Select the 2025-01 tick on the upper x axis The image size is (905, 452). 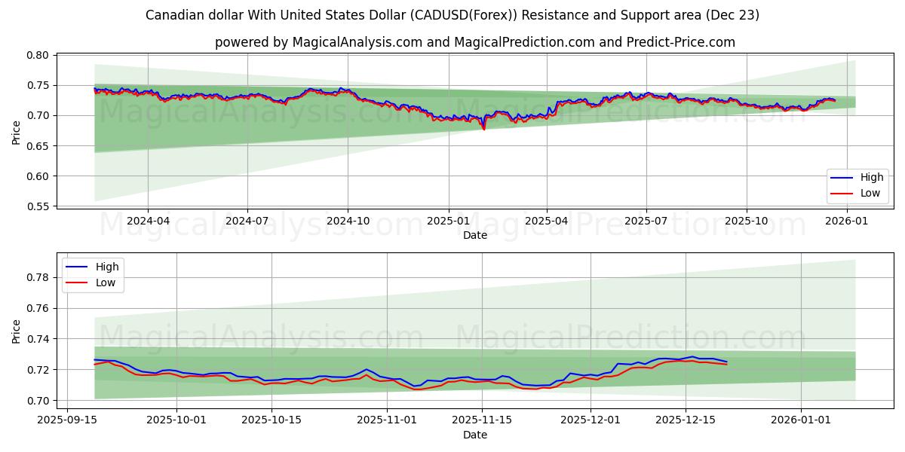449,221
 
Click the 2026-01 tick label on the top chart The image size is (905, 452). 847,221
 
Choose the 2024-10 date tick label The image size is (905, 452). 348,221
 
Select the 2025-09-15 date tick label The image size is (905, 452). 67,419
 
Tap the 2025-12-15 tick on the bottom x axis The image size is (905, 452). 686,419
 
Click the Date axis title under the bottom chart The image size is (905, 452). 475,435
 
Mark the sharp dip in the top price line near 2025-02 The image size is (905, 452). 483,129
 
